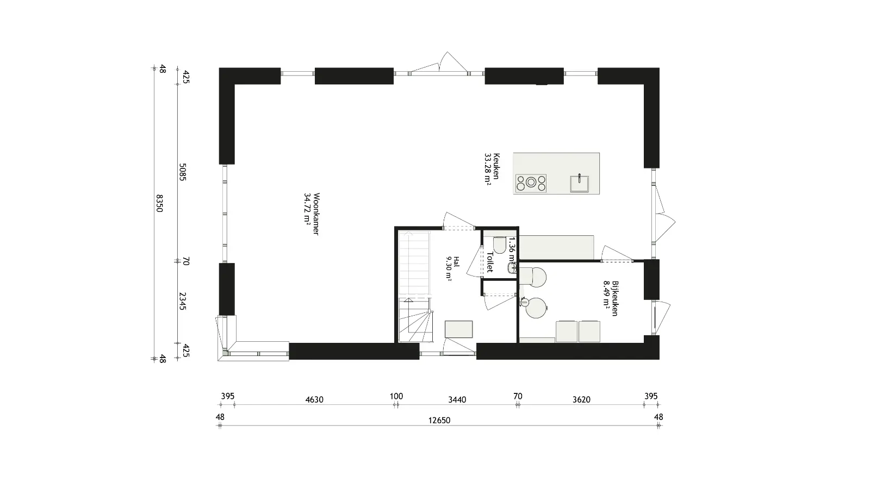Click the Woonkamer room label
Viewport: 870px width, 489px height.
[311, 214]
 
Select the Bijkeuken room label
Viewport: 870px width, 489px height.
[611, 298]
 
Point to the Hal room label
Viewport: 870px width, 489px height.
[452, 267]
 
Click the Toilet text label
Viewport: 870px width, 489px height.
[490, 262]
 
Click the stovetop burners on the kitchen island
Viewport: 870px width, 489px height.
[531, 183]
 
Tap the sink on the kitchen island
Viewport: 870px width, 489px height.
[580, 183]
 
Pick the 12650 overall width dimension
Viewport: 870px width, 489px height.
[439, 420]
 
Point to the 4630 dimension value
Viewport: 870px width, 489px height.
[314, 400]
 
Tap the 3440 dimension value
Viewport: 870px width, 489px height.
[457, 400]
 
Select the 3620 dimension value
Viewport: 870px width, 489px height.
[581, 400]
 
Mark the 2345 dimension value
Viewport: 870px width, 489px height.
[183, 301]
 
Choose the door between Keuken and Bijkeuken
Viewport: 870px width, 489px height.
[617, 255]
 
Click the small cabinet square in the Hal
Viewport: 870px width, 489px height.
[458, 329]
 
